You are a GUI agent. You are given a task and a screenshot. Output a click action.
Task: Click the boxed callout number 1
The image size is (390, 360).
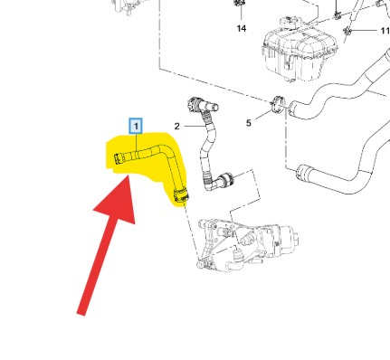136,126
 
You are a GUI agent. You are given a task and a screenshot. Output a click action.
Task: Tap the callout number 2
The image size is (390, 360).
176,126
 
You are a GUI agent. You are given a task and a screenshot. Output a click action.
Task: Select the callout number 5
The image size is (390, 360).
248,123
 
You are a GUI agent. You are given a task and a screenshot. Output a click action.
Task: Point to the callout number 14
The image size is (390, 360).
242,28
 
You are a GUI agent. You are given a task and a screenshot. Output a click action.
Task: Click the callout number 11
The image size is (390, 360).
385,31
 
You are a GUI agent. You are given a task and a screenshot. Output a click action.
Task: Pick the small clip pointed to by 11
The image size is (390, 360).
347,31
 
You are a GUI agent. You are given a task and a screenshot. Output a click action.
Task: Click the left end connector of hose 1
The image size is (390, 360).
119,158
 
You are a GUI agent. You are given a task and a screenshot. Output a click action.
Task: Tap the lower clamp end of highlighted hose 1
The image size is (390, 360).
181,194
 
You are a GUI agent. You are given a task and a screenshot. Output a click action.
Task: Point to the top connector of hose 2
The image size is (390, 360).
201,106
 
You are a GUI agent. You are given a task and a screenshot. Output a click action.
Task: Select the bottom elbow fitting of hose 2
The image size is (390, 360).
218,181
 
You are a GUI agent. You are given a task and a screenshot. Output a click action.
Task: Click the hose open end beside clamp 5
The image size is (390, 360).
292,107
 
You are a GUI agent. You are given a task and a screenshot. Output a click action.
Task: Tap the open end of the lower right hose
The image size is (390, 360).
301,172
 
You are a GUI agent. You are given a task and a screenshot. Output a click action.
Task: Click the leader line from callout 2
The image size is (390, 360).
194,126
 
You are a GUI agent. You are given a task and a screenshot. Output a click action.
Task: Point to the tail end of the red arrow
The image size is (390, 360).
81,314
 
